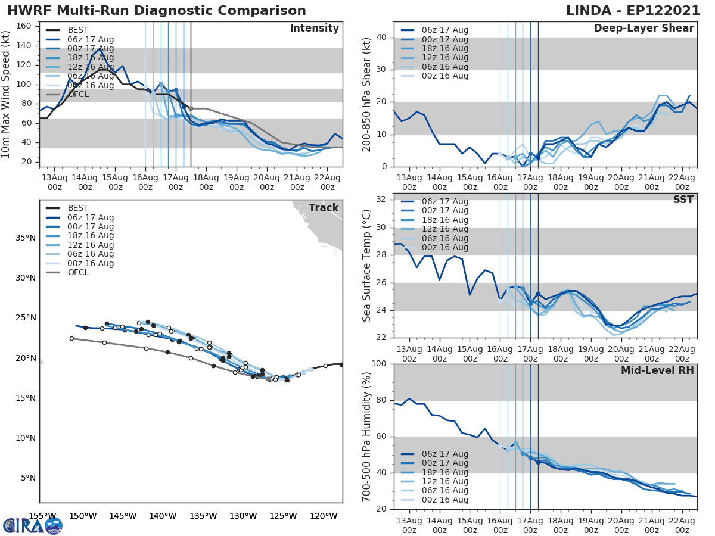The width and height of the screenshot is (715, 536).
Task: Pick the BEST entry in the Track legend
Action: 77,208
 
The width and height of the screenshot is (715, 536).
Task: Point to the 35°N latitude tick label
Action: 25,238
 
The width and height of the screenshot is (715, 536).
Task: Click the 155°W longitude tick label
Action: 42,516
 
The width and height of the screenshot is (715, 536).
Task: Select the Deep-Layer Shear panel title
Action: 643,29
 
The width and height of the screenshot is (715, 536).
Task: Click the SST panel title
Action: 683,200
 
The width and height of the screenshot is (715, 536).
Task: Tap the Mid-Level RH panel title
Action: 657,371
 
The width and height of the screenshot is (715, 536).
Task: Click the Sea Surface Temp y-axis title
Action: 367,266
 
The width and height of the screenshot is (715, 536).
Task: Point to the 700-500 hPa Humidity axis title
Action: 367,436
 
